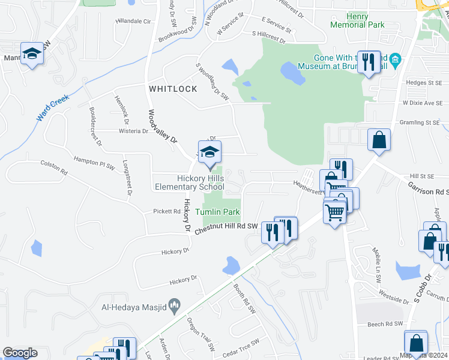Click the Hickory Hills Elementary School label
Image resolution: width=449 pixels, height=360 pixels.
click(200, 182)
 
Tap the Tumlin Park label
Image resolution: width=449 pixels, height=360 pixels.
click(217, 212)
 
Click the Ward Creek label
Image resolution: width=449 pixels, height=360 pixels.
click(52, 107)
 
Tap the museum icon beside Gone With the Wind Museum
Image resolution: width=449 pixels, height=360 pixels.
click(395, 60)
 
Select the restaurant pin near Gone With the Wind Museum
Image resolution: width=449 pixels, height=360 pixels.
click(369, 62)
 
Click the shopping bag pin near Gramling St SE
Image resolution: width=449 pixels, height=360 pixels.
click(379, 140)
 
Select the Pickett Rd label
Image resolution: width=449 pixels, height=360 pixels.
click(167, 211)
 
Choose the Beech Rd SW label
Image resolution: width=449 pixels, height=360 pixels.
click(384, 324)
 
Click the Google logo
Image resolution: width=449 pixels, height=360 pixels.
click(20, 353)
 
